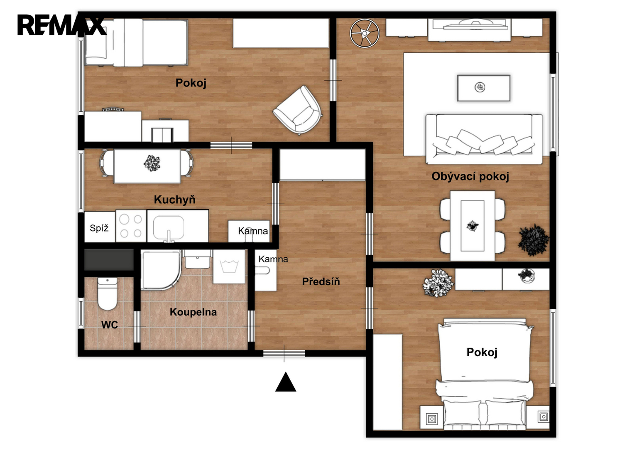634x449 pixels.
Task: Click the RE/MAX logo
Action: [62, 25]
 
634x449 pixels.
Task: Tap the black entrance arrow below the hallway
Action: [286, 382]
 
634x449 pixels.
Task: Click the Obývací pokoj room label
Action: [470, 177]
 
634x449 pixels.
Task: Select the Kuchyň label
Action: [175, 199]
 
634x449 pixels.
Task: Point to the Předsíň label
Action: [321, 281]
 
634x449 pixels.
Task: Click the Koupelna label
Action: [193, 312]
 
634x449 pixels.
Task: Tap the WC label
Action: [110, 325]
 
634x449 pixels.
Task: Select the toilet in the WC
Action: [107, 294]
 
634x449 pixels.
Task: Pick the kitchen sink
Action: [169, 228]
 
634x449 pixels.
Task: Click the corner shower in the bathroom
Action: [161, 270]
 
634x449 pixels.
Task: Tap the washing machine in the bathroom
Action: [229, 266]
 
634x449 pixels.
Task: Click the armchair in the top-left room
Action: [297, 110]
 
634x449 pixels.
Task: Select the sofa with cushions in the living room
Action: [484, 139]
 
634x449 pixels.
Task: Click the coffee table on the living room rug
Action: [484, 88]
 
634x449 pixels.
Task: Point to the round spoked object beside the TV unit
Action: [364, 33]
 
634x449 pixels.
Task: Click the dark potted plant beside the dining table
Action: [533, 240]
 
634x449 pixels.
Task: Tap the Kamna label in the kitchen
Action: [253, 231]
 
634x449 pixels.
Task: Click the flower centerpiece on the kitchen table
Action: [152, 163]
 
